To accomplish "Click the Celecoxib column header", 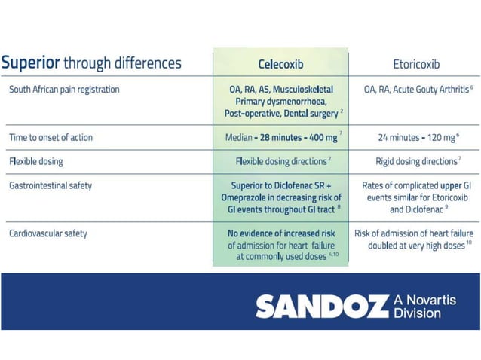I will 280,64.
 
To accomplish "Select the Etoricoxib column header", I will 415,64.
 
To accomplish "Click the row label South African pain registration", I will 64,90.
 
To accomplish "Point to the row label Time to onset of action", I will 52,138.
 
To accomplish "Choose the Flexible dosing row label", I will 36,161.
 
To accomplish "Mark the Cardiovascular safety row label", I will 48,233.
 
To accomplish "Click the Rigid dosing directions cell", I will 416,161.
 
